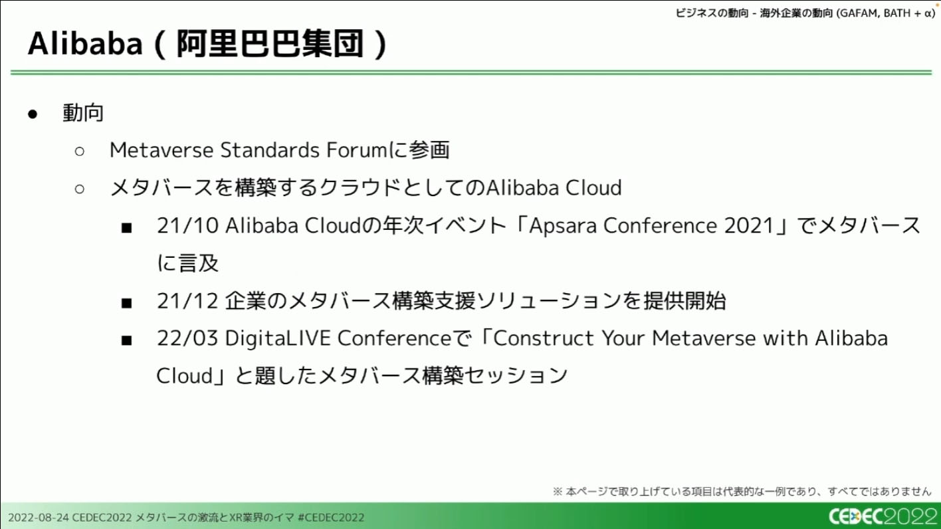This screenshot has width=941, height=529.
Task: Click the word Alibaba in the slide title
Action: (x=85, y=43)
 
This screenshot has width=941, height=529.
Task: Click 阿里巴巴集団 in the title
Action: (x=270, y=44)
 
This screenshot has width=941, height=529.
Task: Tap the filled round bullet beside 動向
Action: (x=33, y=114)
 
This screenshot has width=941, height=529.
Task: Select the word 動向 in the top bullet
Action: (x=83, y=113)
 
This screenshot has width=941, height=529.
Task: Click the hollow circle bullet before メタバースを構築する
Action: (x=79, y=189)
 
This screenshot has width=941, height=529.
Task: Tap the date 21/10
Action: (x=188, y=226)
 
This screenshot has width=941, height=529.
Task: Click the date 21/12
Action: (x=188, y=301)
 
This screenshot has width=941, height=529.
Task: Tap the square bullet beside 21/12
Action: (x=126, y=302)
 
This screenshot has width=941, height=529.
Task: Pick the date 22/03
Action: (x=188, y=338)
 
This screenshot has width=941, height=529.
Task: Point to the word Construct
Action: (x=544, y=338)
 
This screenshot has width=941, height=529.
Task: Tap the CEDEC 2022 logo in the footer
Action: (x=883, y=516)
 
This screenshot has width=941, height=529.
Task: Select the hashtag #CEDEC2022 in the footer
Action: (x=331, y=518)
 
